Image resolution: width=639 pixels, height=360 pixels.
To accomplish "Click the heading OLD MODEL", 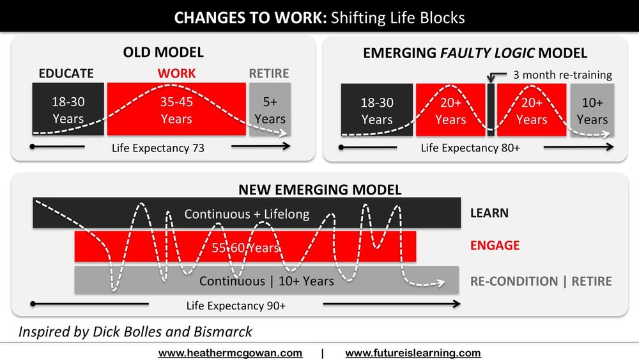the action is click(x=164, y=52).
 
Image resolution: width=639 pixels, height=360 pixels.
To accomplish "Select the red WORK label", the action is click(x=176, y=74).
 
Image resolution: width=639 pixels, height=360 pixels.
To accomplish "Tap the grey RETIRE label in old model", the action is click(x=269, y=74).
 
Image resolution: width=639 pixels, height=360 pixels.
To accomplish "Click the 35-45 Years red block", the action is click(x=176, y=109).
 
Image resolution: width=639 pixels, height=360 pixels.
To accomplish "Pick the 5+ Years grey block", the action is click(x=270, y=109).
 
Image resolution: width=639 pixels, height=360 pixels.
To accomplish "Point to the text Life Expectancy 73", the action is click(x=158, y=148).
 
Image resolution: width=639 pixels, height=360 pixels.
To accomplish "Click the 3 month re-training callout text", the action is click(x=562, y=75).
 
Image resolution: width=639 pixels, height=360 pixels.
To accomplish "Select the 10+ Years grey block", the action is click(x=592, y=110).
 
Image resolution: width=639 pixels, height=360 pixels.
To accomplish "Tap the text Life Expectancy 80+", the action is click(x=470, y=148).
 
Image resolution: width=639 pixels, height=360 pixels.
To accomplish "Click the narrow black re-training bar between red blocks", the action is click(x=491, y=110).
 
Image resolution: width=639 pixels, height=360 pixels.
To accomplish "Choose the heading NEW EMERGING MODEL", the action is click(x=320, y=189).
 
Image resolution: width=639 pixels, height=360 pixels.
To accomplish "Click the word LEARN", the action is click(x=489, y=213).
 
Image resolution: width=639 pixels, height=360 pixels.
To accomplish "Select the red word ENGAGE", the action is click(x=495, y=246).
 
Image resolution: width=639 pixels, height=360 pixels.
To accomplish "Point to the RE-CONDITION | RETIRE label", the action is click(x=541, y=281).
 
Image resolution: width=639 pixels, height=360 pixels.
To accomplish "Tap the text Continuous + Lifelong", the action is click(x=247, y=214).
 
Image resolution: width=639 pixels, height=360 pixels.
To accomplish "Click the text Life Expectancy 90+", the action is click(x=236, y=306).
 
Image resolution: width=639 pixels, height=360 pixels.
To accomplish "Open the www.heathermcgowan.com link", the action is click(x=230, y=353).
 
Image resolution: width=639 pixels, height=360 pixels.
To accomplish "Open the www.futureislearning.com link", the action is click(x=413, y=353).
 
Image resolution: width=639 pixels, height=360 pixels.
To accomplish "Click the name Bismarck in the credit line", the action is click(x=223, y=332).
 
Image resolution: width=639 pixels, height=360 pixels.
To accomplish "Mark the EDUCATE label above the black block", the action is click(x=66, y=74).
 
